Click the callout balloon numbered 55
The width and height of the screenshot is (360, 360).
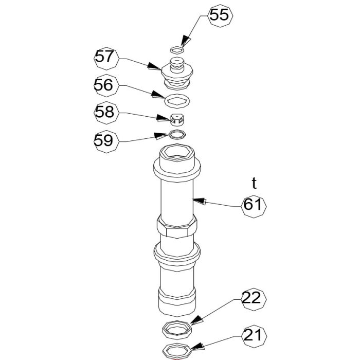(220, 15)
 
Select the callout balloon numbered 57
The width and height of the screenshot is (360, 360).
(106, 57)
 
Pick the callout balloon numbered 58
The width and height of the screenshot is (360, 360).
(106, 113)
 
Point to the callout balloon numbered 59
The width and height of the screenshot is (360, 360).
(106, 140)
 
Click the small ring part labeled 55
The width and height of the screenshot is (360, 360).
(177, 50)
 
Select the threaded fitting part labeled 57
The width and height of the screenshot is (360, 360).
(177, 72)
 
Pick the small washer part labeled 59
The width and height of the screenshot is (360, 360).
(177, 135)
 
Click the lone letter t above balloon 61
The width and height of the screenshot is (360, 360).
(254, 183)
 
